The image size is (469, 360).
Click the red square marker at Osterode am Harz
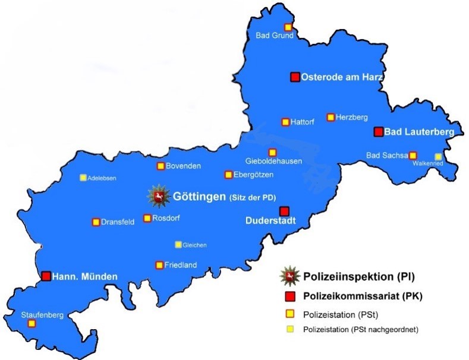coord(294,77)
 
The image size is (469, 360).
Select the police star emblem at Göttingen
coord(158,196)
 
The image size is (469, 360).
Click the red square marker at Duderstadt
coord(284,211)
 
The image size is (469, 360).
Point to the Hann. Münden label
coord(84,276)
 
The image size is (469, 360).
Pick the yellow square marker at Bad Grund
coord(288,27)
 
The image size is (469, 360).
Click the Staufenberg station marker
coord(32,324)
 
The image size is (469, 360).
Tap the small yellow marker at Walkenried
coord(438,156)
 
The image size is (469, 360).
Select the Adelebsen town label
coord(102,178)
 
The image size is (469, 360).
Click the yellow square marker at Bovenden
coord(160,166)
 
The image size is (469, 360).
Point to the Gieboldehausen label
coord(274,162)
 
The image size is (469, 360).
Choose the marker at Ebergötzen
coord(228,175)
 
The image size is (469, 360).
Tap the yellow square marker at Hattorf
coord(285,122)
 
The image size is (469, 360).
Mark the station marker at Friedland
coord(159,265)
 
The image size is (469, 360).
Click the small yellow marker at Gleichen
coord(178,244)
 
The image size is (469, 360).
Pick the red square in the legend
coord(290,296)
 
